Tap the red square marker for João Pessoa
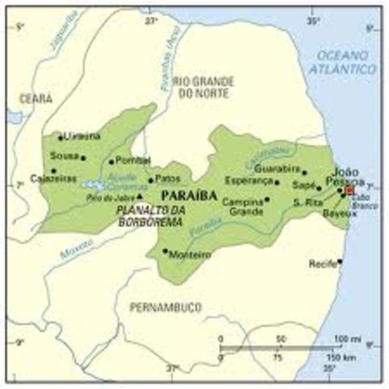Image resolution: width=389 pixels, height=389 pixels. [x=349, y=191]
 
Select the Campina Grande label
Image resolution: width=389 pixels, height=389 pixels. [x=243, y=206]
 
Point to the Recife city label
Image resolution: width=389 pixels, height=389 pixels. [x=321, y=264]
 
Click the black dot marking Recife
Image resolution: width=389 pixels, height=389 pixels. [x=340, y=261]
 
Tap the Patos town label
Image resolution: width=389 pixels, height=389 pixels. [x=165, y=180]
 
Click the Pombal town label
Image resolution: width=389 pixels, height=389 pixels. [x=133, y=160]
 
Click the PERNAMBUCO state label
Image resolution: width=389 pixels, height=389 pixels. [x=164, y=308]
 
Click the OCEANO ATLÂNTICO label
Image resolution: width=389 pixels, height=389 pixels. [x=346, y=62]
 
